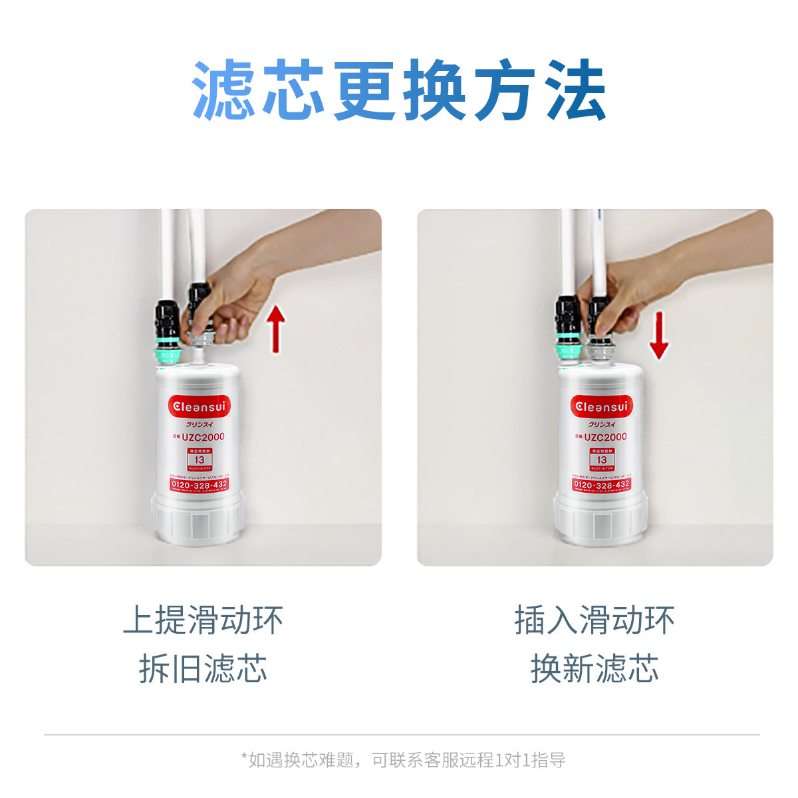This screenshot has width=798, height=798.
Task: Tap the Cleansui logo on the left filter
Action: pyautogui.click(x=199, y=406)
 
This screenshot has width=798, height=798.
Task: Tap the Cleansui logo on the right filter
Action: pyautogui.click(x=601, y=406)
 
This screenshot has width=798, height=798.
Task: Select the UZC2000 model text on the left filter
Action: pyautogui.click(x=203, y=437)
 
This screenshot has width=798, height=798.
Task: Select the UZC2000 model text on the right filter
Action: pyautogui.click(x=604, y=437)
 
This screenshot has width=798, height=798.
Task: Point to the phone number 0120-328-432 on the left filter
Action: pyautogui.click(x=199, y=485)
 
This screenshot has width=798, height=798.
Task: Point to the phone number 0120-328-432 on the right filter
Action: pyautogui.click(x=601, y=485)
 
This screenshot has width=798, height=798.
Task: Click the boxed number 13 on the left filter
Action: pyautogui.click(x=199, y=460)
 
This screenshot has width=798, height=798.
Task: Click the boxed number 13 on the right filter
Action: pyautogui.click(x=601, y=460)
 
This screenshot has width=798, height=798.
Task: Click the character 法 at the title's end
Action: pyautogui.click(x=575, y=90)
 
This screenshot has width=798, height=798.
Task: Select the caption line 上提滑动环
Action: pyautogui.click(x=203, y=620)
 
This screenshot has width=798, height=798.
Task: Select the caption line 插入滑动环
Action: pyautogui.click(x=595, y=620)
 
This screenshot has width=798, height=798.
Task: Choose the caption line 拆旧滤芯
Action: pyautogui.click(x=203, y=668)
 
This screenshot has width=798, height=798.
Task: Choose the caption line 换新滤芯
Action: pyautogui.click(x=595, y=668)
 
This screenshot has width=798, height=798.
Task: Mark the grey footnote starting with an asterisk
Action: pyautogui.click(x=402, y=759)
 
